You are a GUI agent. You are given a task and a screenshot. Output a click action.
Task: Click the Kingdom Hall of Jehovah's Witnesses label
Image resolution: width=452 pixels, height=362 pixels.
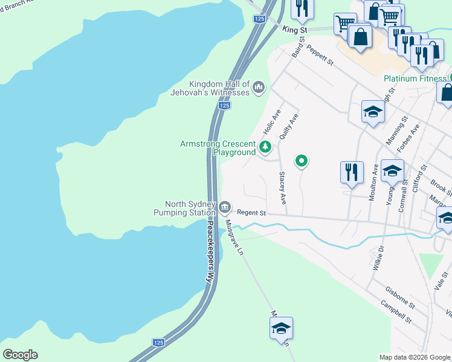(x=219, y=88)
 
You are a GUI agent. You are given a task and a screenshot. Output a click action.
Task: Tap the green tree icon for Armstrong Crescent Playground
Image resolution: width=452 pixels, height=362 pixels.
(x=265, y=146)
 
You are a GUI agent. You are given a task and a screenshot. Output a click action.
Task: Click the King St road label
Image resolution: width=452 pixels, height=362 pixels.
(x=295, y=29)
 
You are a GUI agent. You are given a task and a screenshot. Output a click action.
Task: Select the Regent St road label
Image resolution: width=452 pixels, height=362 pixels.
(x=251, y=213)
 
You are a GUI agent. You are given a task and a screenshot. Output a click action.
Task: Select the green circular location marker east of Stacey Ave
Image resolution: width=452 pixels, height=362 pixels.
(x=302, y=160)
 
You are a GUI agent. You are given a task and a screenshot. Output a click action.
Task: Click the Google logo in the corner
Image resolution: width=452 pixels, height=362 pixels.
(x=20, y=355)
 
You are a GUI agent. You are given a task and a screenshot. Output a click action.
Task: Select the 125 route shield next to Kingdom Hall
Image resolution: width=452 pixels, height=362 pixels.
(x=224, y=106)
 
